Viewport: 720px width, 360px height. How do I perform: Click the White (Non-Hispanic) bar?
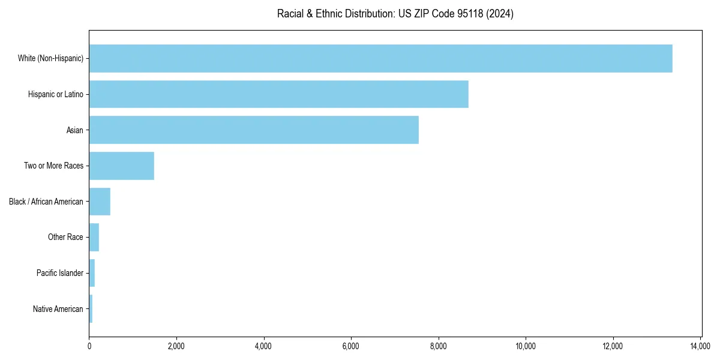click(x=380, y=58)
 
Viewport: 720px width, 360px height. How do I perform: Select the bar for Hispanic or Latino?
click(x=278, y=94)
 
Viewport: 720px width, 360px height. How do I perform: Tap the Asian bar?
click(x=254, y=130)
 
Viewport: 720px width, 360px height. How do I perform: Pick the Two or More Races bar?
click(x=121, y=166)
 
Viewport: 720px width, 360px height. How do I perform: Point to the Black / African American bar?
click(x=100, y=202)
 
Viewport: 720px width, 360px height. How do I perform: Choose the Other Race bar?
click(x=94, y=237)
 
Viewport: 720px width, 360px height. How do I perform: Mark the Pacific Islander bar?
click(x=92, y=273)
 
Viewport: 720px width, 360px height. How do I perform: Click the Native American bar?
click(x=91, y=309)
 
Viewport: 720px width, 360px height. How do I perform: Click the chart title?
click(x=395, y=14)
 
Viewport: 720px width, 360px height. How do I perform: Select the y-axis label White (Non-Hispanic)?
click(x=50, y=58)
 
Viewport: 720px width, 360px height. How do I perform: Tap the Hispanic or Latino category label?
click(x=56, y=94)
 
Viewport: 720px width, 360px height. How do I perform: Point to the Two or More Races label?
click(x=53, y=166)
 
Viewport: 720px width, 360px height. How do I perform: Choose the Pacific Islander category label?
click(x=60, y=273)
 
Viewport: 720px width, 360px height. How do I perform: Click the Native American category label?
click(x=58, y=309)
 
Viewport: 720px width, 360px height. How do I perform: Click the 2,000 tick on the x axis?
click(x=176, y=346)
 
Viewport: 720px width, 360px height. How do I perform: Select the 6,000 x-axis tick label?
click(x=351, y=346)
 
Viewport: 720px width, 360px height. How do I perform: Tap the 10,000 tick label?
click(x=526, y=346)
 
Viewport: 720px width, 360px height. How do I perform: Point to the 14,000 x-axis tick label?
click(x=700, y=346)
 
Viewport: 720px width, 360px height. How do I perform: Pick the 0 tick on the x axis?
click(x=89, y=346)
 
